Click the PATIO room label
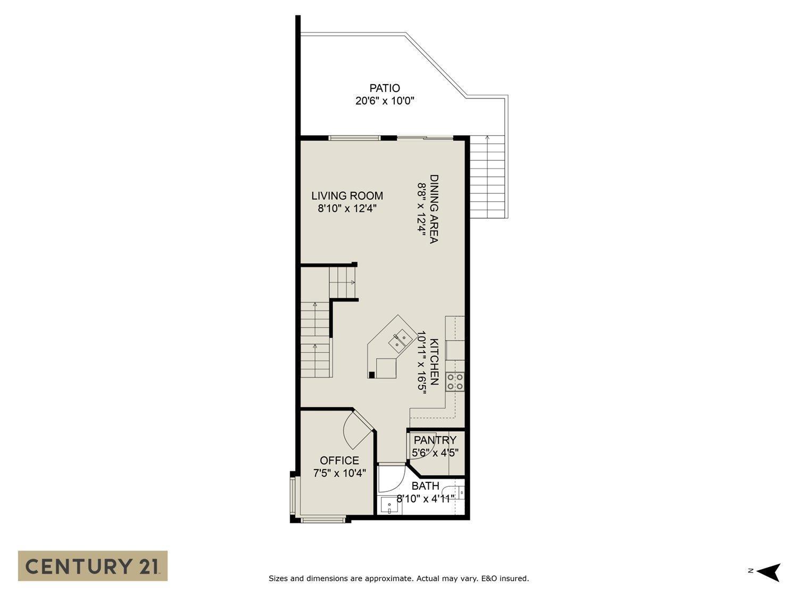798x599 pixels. click(x=384, y=88)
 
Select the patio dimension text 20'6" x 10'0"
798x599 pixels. click(x=384, y=101)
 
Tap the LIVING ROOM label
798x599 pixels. click(x=347, y=196)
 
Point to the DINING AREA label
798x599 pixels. click(x=434, y=209)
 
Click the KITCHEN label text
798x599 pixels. click(x=434, y=362)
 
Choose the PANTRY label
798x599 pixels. click(x=435, y=440)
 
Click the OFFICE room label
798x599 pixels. click(x=339, y=461)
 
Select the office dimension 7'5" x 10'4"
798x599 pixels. click(x=339, y=473)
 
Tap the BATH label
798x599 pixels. click(x=425, y=486)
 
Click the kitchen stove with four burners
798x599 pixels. click(x=455, y=382)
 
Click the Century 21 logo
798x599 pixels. click(x=93, y=565)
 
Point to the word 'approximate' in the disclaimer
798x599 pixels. click(x=390, y=578)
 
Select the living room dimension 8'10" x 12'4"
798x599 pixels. click(x=347, y=209)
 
